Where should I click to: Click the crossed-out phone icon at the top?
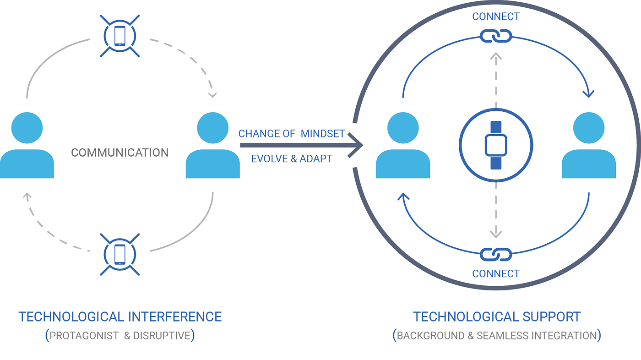pos(120,35)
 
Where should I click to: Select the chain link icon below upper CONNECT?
pos(496,35)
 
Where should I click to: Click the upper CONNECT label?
pos(496,17)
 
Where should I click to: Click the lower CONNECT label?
pos(496,274)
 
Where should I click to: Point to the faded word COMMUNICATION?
pos(120,153)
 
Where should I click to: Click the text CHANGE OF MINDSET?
pos(292,134)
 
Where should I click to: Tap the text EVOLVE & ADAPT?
pos(292,159)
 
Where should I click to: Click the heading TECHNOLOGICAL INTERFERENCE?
pos(120,316)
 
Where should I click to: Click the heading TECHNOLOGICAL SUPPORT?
pos(497,316)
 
